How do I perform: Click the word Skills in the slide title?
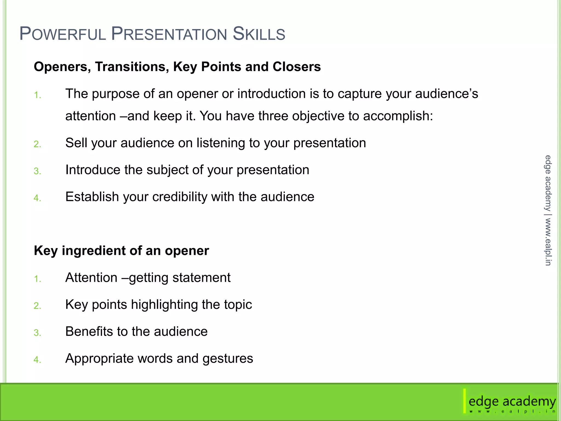click(x=259, y=34)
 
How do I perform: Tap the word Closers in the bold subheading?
click(x=297, y=67)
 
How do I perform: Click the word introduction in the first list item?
click(x=271, y=94)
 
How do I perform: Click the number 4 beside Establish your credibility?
click(x=37, y=198)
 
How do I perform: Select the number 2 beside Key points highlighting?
click(x=37, y=306)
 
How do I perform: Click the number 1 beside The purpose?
click(x=37, y=95)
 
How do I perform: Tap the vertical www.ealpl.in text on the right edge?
click(x=548, y=241)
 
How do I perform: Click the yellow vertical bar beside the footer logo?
click(x=464, y=401)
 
